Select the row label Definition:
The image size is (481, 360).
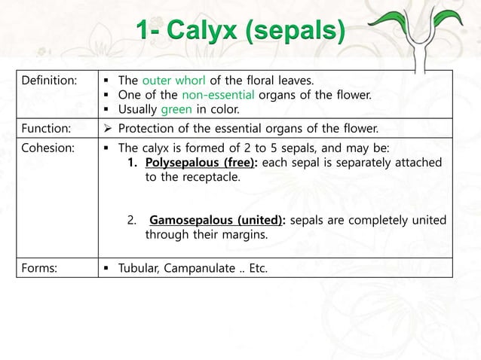coord(47,80)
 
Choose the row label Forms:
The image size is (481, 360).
coord(38,267)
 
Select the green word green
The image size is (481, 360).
coord(173,110)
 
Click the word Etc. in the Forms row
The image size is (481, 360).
coord(258,267)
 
